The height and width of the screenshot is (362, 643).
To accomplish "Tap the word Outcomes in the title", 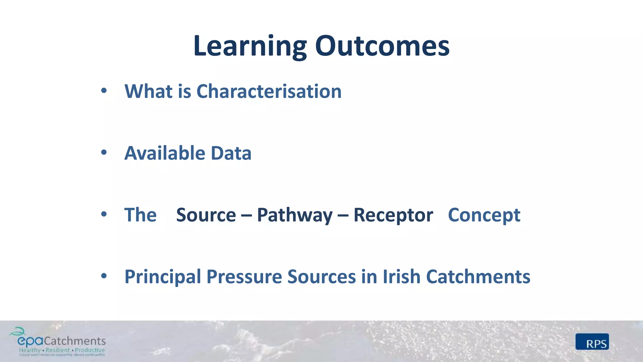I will tap(382, 46).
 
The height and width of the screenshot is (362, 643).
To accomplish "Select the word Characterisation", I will tap(269, 91).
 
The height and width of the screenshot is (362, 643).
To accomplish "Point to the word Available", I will tap(165, 153).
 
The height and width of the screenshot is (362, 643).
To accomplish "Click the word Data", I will tap(231, 153).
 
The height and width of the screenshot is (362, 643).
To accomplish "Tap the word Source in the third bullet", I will tap(206, 215).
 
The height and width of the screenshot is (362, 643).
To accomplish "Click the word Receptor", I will tap(393, 216).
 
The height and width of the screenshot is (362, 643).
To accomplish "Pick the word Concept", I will tap(484, 216).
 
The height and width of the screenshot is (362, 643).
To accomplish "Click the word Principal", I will tap(163, 277).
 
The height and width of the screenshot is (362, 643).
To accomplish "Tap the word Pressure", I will tap(244, 277).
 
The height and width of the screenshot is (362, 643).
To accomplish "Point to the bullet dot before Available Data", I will tap(104, 153).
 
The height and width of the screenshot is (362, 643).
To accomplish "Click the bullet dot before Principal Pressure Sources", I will tap(104, 276).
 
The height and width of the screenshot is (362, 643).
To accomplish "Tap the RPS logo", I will tap(592, 342).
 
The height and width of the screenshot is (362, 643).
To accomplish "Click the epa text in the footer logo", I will tap(30, 341).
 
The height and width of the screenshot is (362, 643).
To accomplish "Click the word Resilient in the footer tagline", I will tap(58, 350).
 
